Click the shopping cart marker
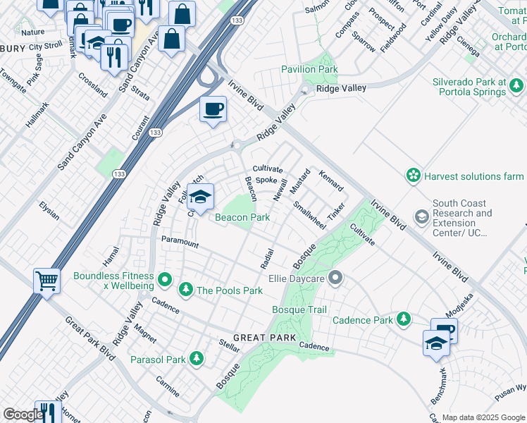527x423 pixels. [46, 281]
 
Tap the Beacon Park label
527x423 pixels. [242, 218]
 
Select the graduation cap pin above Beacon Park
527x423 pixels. [201, 197]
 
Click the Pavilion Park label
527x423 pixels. [309, 70]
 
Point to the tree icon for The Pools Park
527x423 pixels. [186, 290]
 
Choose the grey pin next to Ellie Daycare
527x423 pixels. [335, 278]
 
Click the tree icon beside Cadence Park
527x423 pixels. [404, 320]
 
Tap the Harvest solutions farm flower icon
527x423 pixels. [414, 175]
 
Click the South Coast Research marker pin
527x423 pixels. [422, 215]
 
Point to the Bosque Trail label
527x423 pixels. [299, 309]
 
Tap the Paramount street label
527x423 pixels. [180, 242]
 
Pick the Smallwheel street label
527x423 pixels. [309, 216]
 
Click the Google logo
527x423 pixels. [23, 415]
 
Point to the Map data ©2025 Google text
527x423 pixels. [483, 417]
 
